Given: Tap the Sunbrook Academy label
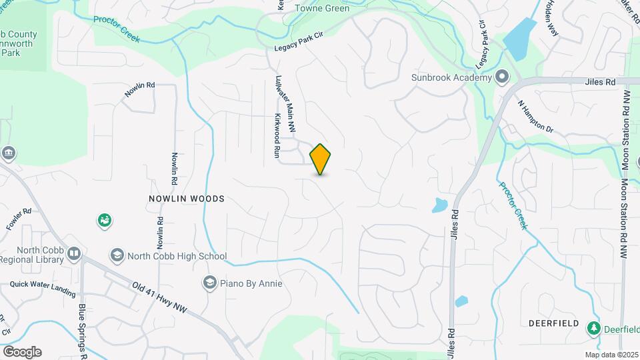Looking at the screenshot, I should pyautogui.click(x=450, y=77).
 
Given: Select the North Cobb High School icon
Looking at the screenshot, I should pyautogui.click(x=117, y=255).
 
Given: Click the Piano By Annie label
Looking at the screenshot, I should pyautogui.click(x=253, y=283).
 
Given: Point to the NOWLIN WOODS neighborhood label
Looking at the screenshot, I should pyautogui.click(x=187, y=199).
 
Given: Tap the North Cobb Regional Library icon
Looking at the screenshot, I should pyautogui.click(x=73, y=254).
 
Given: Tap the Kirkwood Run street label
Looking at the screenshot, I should pyautogui.click(x=276, y=135).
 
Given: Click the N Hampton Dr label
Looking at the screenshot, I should pyautogui.click(x=536, y=117).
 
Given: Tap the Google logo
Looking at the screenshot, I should pyautogui.click(x=22, y=351).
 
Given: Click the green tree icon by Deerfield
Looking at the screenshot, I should pyautogui.click(x=593, y=328).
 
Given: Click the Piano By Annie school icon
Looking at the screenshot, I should pyautogui.click(x=211, y=283).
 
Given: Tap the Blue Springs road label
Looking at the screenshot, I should pyautogui.click(x=83, y=330).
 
